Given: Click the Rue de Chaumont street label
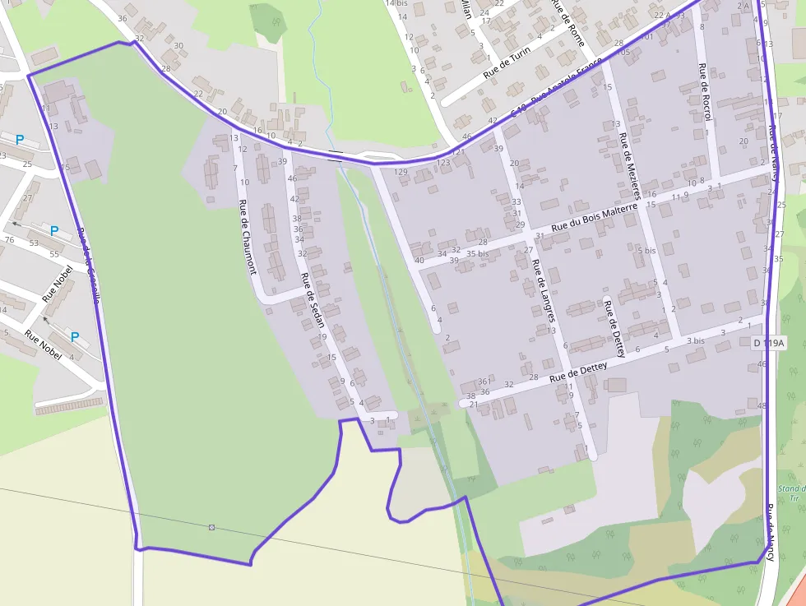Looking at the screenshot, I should [247, 237].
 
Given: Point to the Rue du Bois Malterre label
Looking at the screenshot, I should [595, 217].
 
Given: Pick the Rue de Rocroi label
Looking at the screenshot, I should [703, 91].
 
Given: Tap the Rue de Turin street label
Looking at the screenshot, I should [507, 62].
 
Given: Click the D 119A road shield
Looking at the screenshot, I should [769, 342].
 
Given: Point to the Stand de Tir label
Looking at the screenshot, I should [792, 493].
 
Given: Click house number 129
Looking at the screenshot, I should [401, 172].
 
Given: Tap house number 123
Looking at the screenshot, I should [443, 163].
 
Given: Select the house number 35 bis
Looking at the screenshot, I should [477, 254].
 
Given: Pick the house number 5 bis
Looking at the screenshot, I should [646, 250].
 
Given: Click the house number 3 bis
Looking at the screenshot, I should [696, 340].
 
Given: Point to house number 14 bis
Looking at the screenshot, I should [396, 3].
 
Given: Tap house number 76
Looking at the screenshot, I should [10, 240].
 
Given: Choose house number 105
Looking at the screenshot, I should [623, 53].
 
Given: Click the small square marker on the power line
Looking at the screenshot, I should [211, 526].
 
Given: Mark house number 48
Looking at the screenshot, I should [762, 406].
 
